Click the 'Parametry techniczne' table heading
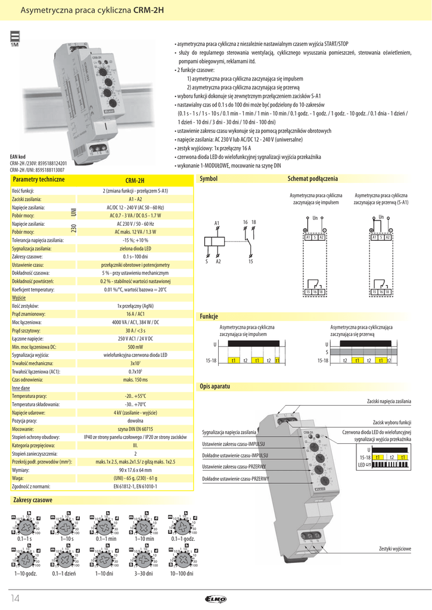tap(38, 179)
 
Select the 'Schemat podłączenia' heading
tap(312, 179)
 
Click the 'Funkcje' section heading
tap(209, 317)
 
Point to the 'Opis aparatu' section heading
tap(215, 387)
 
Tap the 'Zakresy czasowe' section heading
tap(33, 500)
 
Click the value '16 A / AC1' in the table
tap(135, 313)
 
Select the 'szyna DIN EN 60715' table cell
tap(135, 429)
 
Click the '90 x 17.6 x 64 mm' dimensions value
tap(135, 470)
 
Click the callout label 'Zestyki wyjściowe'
tap(394, 549)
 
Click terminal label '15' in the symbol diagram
tap(251, 261)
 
